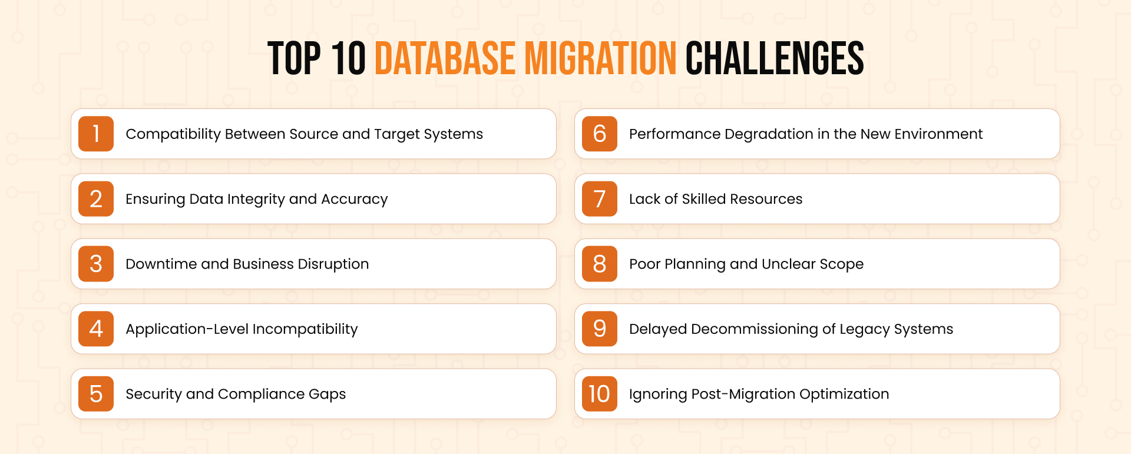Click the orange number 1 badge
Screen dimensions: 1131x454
point(96,134)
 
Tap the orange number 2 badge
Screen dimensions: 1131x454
point(96,199)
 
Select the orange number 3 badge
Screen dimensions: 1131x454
point(96,264)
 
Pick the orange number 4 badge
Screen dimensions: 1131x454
point(96,329)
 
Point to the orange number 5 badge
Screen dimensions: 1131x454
point(96,394)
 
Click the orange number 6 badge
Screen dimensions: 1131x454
point(600,134)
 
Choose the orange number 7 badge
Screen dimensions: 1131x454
point(600,199)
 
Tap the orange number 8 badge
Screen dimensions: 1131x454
point(600,264)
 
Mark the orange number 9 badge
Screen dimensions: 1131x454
point(600,329)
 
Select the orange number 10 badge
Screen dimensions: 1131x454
point(600,394)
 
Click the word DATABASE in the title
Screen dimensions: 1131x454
point(445,58)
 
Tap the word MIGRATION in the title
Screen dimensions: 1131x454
point(600,58)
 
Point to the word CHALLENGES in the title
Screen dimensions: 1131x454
point(775,58)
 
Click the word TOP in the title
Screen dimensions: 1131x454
point(295,58)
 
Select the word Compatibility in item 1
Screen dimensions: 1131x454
point(173,134)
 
